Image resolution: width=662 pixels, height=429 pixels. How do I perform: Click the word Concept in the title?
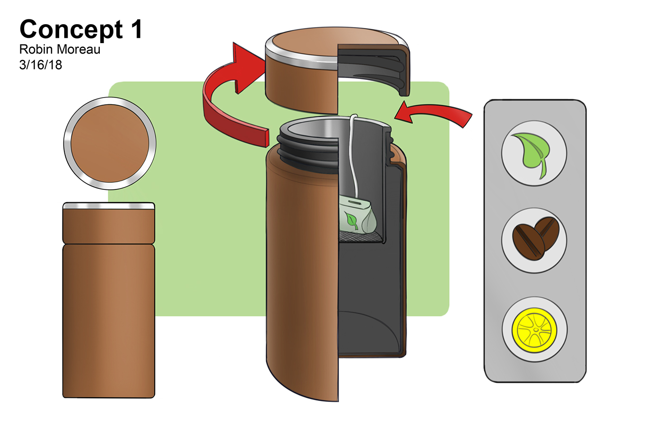(x=71, y=30)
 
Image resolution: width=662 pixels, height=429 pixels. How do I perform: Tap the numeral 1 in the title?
(x=136, y=29)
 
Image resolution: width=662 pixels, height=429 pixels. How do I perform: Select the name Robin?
(x=35, y=50)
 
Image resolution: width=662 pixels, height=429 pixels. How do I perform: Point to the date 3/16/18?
(x=41, y=65)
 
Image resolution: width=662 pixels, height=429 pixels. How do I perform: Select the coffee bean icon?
(x=535, y=240)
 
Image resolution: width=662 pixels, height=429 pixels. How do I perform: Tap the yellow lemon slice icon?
(x=534, y=329)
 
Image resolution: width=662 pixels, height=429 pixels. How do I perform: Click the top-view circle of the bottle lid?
(x=110, y=143)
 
